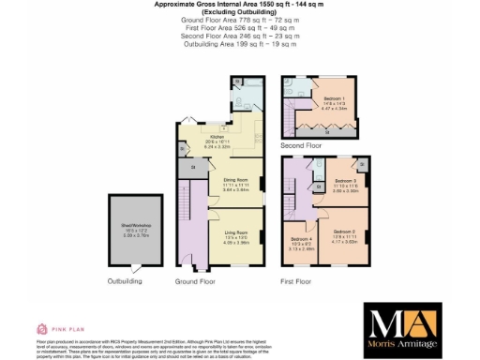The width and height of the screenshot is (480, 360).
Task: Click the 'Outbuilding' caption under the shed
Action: [125, 280]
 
